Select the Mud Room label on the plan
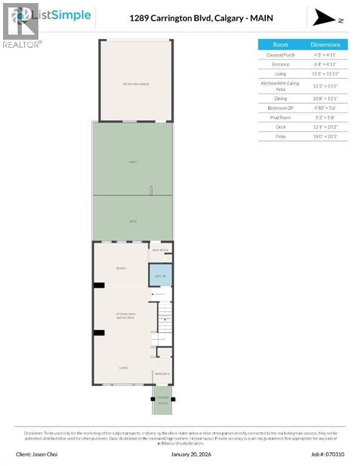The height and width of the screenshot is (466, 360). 160,250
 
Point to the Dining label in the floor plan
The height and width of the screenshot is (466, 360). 120,268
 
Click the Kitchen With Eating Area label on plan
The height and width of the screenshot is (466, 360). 124,316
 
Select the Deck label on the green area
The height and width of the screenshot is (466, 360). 132,221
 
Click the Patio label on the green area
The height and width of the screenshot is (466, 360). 132,162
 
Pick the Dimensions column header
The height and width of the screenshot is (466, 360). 330,44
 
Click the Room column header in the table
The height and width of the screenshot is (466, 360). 280,44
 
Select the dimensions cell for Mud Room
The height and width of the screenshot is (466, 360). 330,117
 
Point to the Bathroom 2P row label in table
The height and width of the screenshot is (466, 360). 280,107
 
